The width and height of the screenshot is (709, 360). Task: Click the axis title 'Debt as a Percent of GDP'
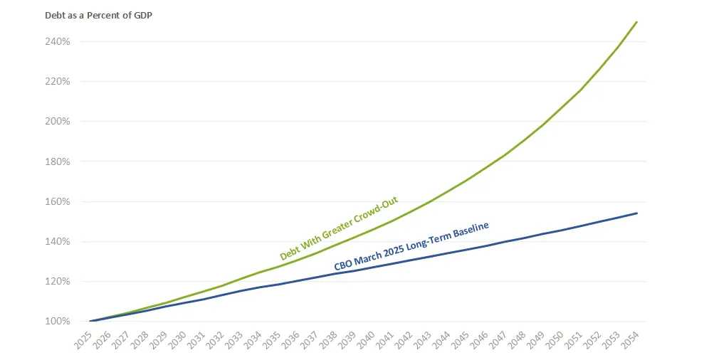98,15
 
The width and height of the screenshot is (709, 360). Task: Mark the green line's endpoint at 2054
636,22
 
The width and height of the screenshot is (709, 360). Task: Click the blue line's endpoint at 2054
636,213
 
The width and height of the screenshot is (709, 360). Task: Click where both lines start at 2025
90,321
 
